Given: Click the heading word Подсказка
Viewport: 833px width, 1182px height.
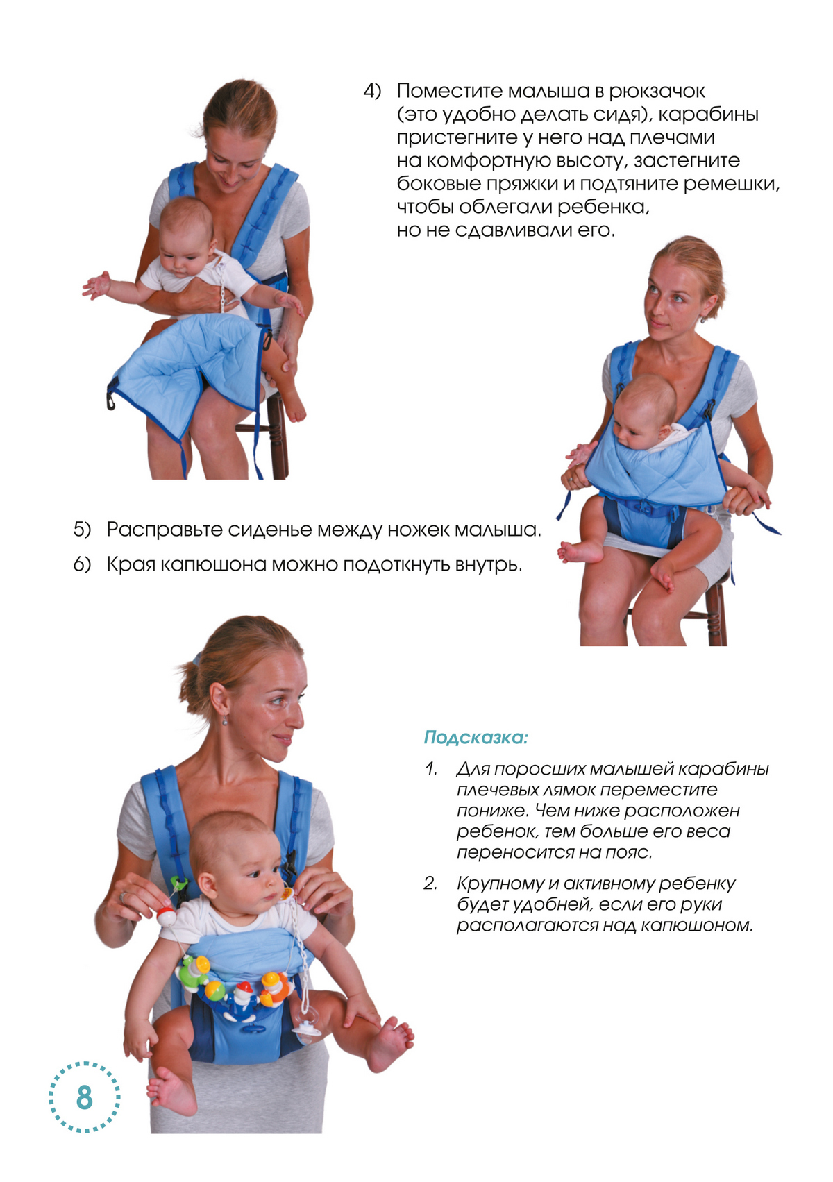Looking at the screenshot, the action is (x=475, y=737).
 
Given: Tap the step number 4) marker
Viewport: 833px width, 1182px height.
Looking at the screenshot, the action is (x=372, y=92).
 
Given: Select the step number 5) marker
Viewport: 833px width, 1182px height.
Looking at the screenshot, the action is (x=82, y=530).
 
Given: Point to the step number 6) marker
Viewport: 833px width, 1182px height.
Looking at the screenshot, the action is (x=82, y=564).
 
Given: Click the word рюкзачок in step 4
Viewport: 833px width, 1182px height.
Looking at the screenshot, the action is (x=657, y=92).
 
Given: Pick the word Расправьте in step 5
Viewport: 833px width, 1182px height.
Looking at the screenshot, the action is (x=164, y=530).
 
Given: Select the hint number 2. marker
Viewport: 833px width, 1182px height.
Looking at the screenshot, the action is (x=431, y=884).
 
